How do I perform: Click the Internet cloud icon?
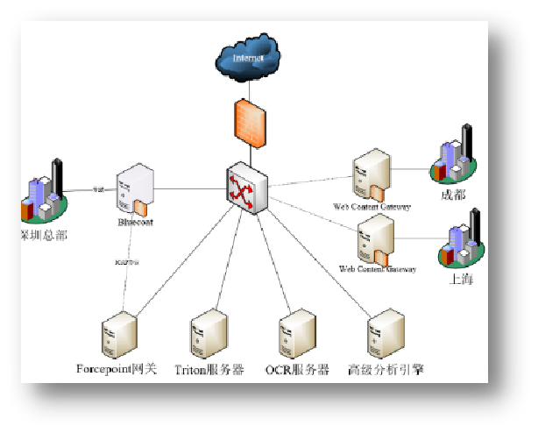click(248, 58)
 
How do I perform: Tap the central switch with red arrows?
click(246, 188)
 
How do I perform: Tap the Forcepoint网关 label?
click(117, 370)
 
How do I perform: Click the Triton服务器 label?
click(209, 370)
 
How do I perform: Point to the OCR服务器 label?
click(297, 370)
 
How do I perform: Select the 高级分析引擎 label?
click(386, 370)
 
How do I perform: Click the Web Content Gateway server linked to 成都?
click(371, 178)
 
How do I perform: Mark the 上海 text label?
click(463, 279)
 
